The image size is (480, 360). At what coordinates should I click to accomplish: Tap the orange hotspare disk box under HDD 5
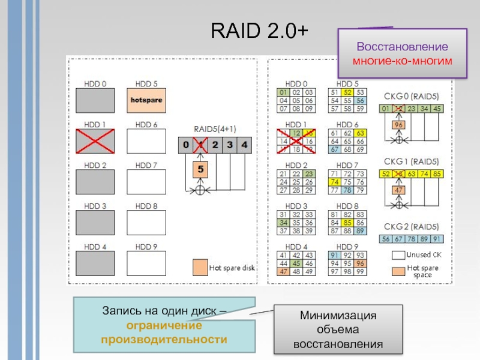click(146, 100)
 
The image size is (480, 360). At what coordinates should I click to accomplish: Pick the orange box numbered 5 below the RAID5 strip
click(201, 170)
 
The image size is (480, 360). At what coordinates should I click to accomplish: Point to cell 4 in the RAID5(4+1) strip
click(244, 145)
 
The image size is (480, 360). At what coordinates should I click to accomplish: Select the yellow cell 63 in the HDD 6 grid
click(360, 133)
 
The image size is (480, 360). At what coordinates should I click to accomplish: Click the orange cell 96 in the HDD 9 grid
click(360, 262)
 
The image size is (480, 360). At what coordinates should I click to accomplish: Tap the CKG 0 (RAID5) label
click(410, 95)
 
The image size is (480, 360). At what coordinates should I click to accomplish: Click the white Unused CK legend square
click(398, 254)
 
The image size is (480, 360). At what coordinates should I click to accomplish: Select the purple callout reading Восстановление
click(402, 53)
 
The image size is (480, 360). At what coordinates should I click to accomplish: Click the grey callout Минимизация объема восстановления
click(338, 330)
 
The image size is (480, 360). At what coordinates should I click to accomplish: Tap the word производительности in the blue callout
click(164, 339)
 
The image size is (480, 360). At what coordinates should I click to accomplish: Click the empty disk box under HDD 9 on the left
click(146, 262)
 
